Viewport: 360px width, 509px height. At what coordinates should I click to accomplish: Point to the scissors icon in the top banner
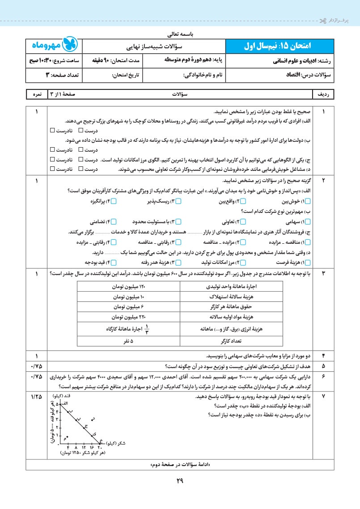pos(323,20)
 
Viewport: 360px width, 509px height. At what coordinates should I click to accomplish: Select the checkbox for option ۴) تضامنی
pos(114,221)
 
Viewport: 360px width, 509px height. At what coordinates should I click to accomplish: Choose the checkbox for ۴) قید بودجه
pos(114,263)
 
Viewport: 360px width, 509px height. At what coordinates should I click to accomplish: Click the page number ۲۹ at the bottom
pos(180,482)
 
